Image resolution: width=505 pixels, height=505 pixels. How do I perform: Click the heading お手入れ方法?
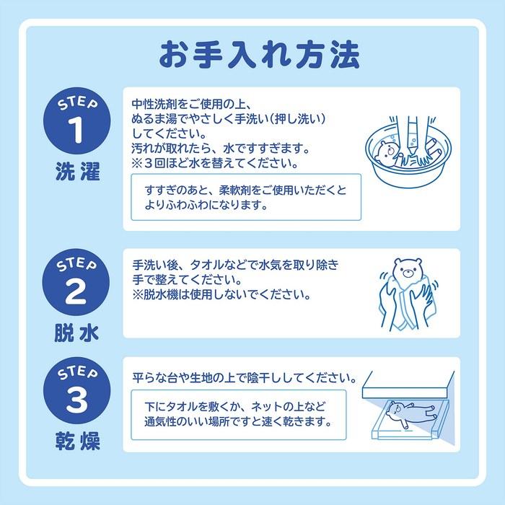[x=259, y=55]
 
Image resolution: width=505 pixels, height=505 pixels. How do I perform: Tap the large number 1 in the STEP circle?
[x=76, y=129]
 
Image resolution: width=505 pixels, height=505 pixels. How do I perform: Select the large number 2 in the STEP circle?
[x=76, y=291]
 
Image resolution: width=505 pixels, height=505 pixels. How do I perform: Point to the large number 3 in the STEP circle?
[x=76, y=400]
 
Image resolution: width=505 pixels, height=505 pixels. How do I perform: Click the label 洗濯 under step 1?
[x=78, y=171]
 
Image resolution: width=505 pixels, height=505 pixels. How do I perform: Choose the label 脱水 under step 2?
[x=76, y=333]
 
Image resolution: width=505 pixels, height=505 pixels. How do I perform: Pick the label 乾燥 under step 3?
[x=78, y=441]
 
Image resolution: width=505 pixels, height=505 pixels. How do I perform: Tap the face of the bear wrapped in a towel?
[x=408, y=271]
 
